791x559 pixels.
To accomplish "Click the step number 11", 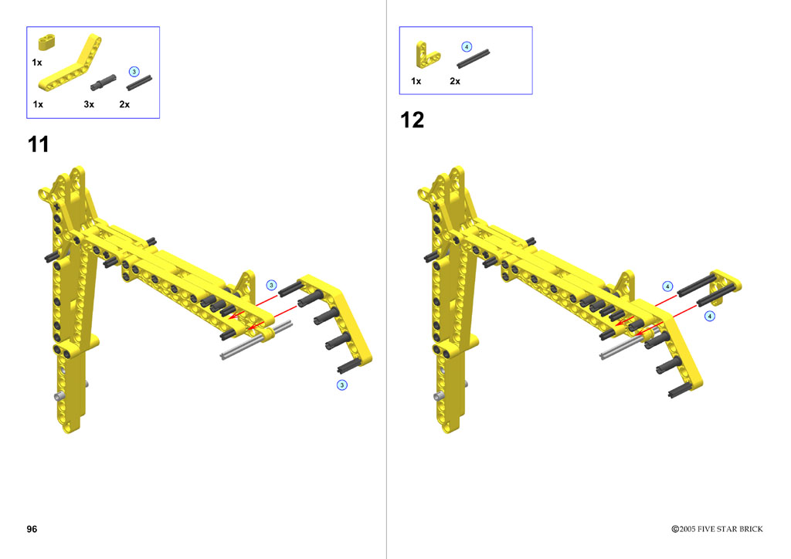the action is [39, 144].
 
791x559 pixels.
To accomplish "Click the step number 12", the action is [412, 120].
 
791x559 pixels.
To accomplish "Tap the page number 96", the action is [32, 529].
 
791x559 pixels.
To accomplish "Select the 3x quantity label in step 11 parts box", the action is [89, 104].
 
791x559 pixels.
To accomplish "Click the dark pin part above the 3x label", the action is [103, 82].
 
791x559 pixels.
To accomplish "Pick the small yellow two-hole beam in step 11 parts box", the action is [46, 42].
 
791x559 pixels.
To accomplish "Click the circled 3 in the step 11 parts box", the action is [134, 72].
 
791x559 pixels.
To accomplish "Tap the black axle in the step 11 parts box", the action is [139, 83].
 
